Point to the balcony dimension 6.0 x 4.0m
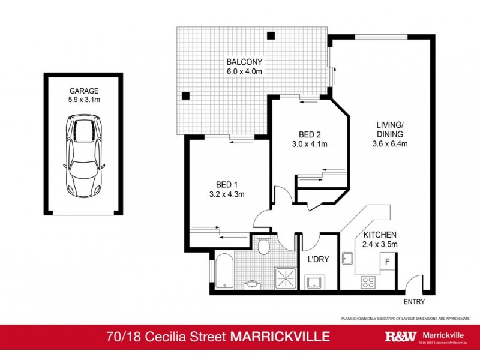(x=244, y=72)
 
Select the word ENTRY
(x=415, y=302)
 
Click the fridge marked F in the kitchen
(x=387, y=262)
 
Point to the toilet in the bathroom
(x=262, y=246)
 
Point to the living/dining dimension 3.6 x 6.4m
(x=389, y=144)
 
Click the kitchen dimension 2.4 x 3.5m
(x=379, y=244)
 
